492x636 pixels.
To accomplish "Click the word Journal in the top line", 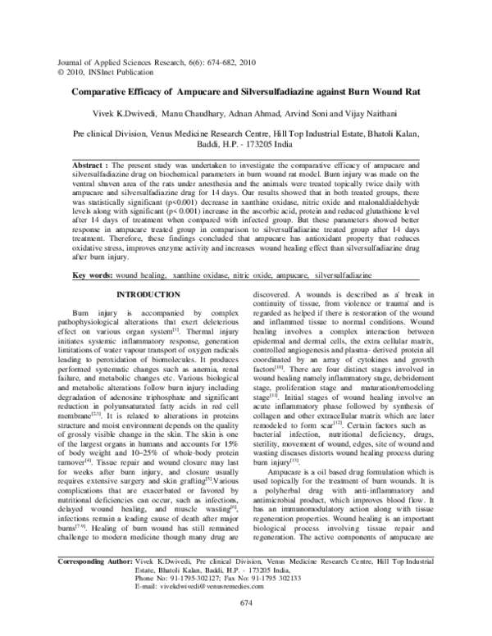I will [x=65, y=62].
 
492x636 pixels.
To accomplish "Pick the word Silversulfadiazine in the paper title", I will [x=278, y=93].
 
